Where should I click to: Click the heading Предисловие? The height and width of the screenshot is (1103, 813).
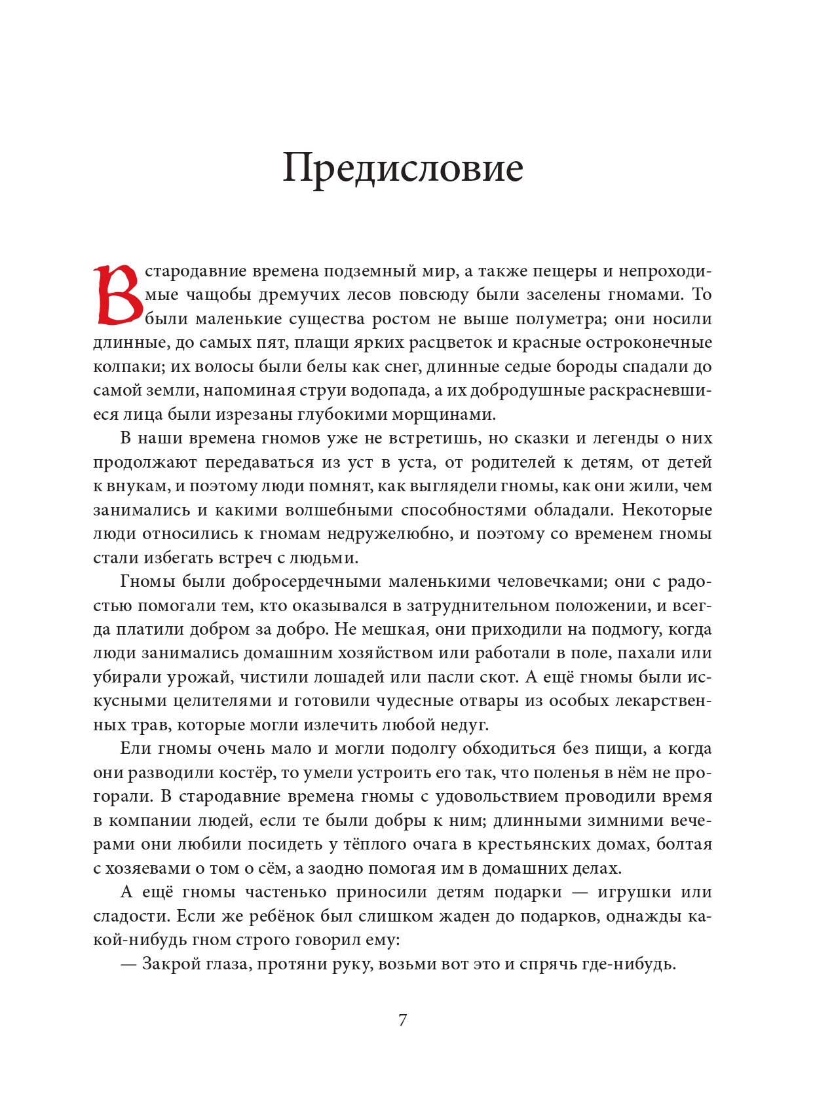tap(402, 168)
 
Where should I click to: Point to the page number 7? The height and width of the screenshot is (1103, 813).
tap(402, 1020)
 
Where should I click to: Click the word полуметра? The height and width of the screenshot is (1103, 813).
tap(561, 319)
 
